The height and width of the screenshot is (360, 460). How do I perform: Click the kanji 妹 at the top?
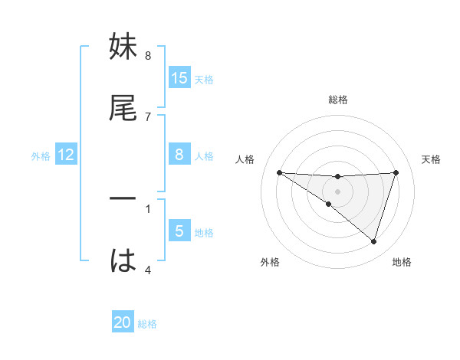[123, 47]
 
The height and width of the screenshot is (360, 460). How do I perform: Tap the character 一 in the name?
[123, 198]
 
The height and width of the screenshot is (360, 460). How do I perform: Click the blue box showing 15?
[179, 78]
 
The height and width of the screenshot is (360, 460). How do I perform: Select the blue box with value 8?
[179, 155]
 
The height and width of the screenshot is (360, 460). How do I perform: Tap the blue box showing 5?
[179, 231]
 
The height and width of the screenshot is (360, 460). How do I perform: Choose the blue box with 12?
[66, 155]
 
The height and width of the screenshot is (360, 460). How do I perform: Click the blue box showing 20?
[123, 323]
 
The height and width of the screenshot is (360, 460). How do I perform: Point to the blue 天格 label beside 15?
[204, 79]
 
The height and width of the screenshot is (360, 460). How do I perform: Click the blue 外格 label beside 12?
[41, 155]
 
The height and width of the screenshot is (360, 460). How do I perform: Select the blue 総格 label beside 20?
[147, 324]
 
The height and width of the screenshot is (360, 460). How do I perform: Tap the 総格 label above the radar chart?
[338, 100]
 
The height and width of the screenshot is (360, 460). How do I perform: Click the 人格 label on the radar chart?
[245, 159]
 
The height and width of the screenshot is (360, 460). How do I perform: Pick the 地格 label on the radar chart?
[402, 262]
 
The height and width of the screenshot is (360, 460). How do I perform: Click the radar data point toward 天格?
[396, 172]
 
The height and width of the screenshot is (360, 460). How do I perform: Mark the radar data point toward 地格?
[374, 241]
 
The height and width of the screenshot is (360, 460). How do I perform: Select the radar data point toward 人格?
[279, 172]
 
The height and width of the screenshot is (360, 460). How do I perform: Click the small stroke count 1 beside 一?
[147, 208]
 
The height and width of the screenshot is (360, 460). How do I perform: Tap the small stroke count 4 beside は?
[147, 270]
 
